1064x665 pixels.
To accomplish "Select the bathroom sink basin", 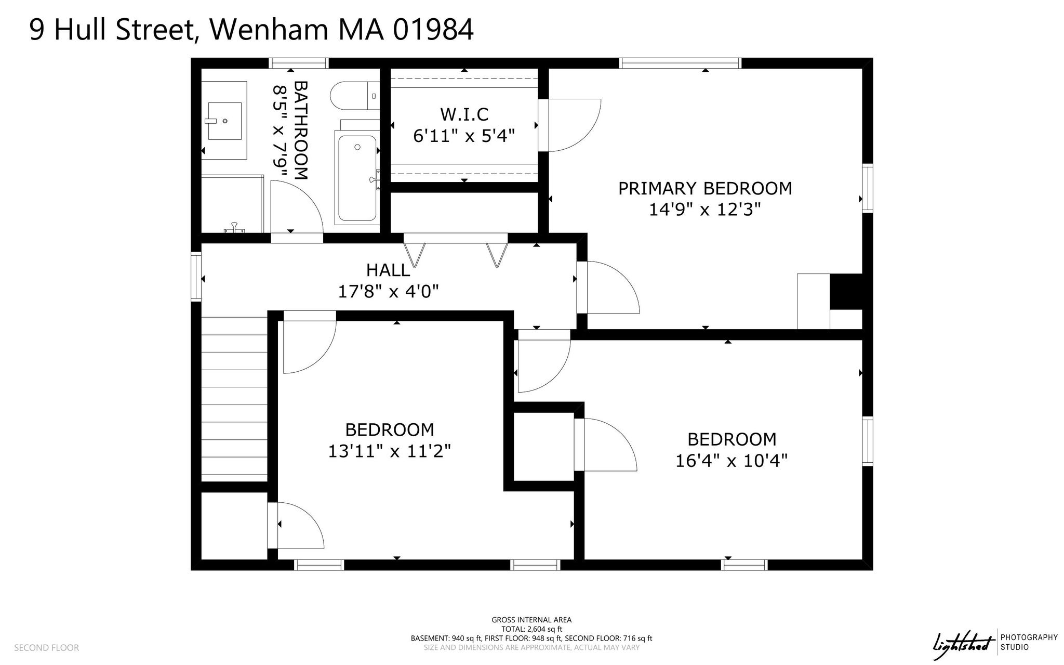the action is coord(225,121).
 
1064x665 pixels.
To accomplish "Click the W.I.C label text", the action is coord(464,114).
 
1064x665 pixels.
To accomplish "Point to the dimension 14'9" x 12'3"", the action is coord(705,210).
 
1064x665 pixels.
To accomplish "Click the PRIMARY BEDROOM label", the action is coord(705,188).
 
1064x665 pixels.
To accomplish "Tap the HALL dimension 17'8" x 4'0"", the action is coord(389,292).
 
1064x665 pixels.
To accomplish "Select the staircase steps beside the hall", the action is coord(234,399).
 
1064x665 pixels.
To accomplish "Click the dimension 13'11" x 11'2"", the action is coord(389,451).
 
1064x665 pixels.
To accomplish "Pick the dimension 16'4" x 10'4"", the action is coord(731,461).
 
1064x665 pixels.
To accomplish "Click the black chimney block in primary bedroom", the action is coord(846,291).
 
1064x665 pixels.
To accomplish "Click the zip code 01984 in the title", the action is coord(433,30).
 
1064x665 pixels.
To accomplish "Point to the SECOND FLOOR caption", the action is coord(47,648).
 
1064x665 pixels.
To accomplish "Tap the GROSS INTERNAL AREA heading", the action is coord(531,620).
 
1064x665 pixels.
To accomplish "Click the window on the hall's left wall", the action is coord(196,277).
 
